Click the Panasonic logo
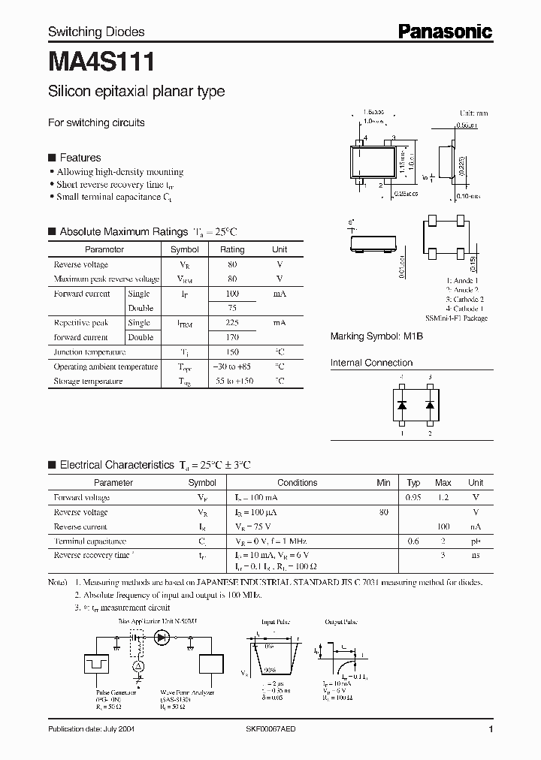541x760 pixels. [444, 32]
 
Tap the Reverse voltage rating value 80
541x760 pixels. [231, 264]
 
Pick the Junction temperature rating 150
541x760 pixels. [231, 352]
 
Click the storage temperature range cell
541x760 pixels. [231, 382]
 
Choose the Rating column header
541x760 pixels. [231, 249]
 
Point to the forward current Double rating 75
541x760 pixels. [231, 308]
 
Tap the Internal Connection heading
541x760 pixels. [371, 363]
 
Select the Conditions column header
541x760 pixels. [297, 483]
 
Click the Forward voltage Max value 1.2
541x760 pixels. [443, 498]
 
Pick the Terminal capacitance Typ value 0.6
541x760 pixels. [413, 541]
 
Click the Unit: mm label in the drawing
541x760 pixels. [473, 113]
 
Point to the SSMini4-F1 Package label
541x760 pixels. [456, 318]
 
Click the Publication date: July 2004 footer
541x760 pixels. [91, 729]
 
